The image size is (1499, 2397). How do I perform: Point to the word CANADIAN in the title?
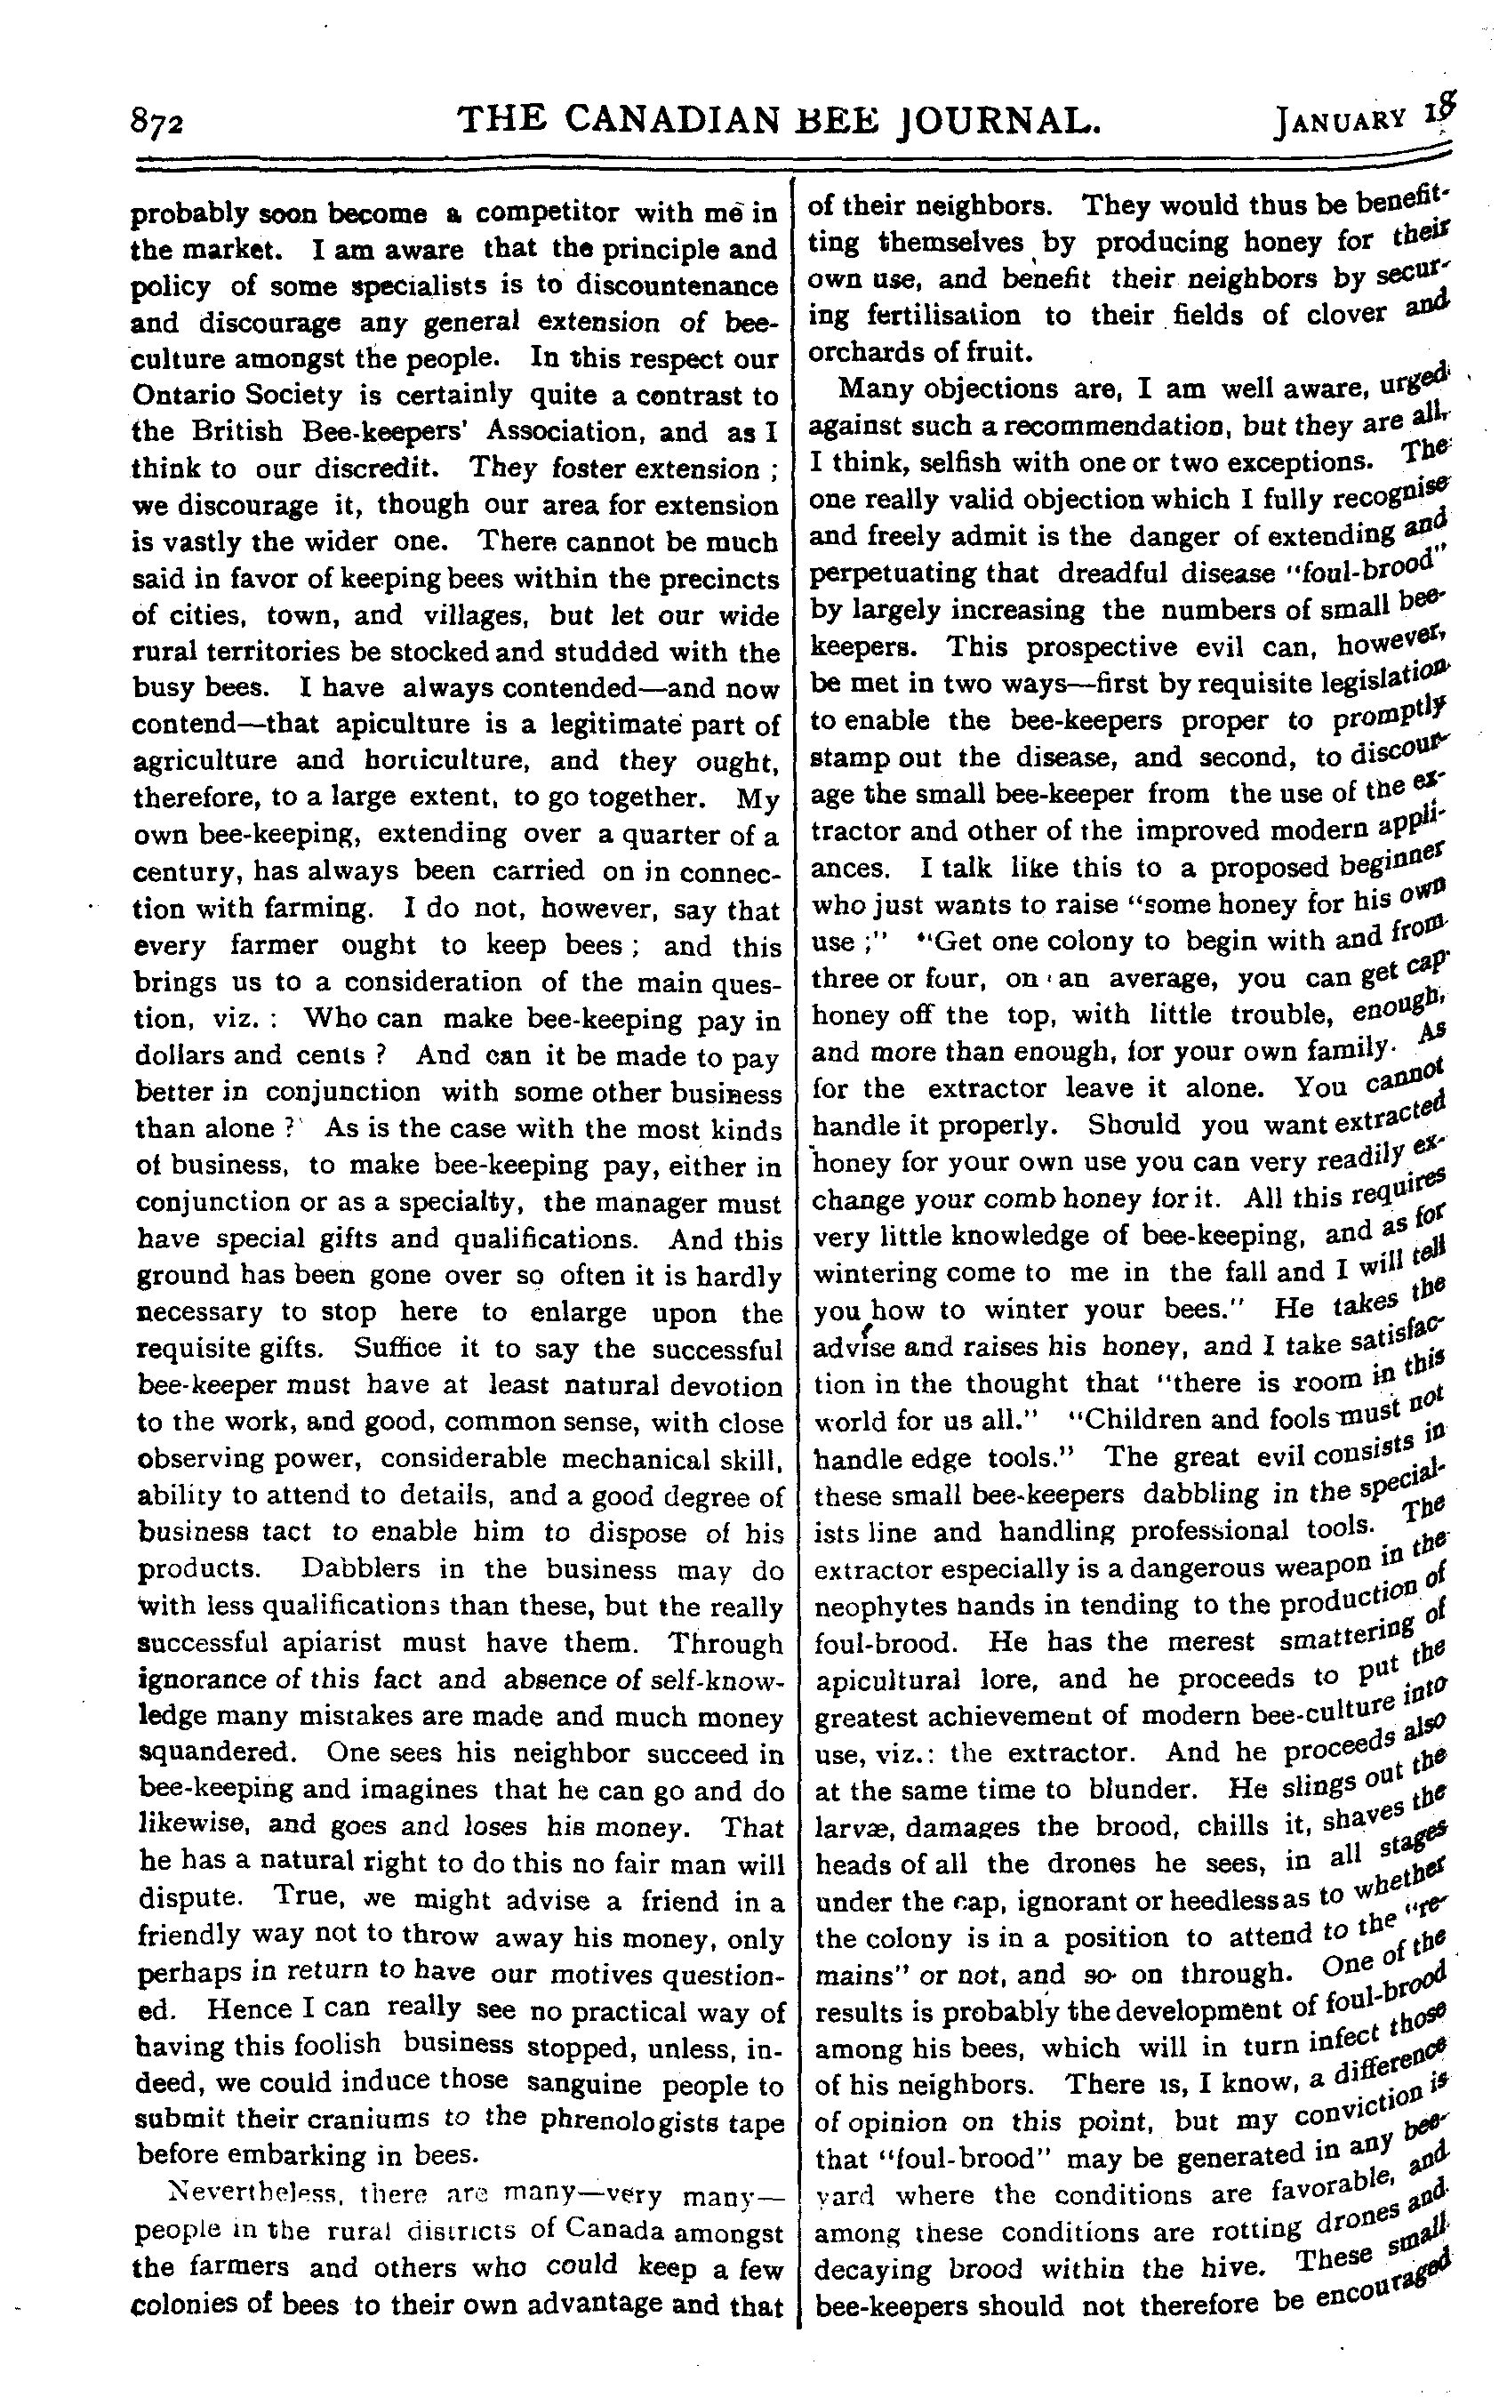click(675, 120)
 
